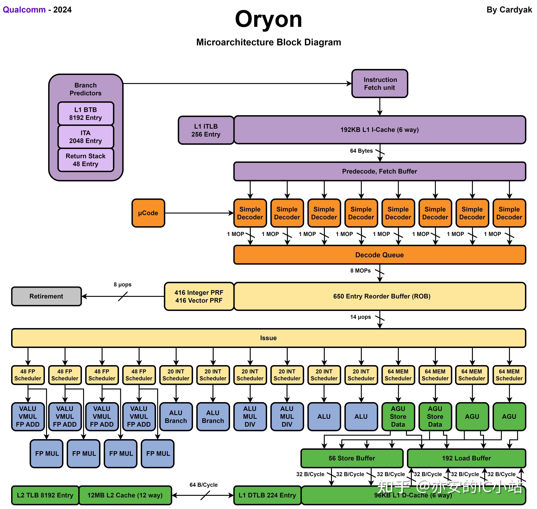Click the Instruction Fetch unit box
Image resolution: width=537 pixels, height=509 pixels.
tap(379, 84)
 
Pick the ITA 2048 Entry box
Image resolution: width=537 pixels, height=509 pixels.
tap(86, 137)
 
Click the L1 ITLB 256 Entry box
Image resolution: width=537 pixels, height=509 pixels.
tap(206, 130)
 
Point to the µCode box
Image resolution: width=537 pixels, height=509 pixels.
tap(148, 213)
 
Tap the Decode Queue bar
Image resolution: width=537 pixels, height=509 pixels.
tap(379, 255)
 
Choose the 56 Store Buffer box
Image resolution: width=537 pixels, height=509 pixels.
tap(352, 458)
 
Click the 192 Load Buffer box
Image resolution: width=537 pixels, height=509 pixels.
tap(466, 458)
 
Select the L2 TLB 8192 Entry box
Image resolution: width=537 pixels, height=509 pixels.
tap(45, 495)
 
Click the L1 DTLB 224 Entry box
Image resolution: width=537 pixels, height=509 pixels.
tap(267, 495)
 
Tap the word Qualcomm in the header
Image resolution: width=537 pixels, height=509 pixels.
tap(24, 10)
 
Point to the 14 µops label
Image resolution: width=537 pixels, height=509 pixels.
tap(361, 317)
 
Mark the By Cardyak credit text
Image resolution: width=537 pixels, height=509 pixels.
tap(509, 10)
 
